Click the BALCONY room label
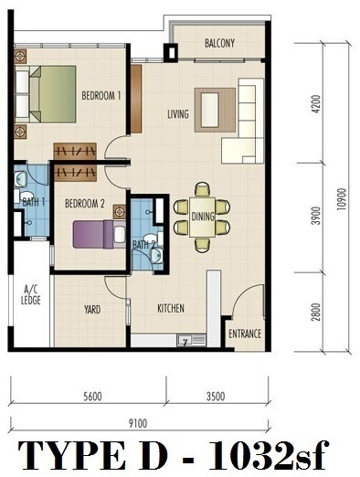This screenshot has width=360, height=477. [219, 43]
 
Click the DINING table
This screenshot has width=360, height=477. [202, 217]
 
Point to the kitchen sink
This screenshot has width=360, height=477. [192, 340]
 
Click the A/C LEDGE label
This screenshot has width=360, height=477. [31, 295]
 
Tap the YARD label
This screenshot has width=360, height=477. [92, 310]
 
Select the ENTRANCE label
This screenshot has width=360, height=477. [245, 334]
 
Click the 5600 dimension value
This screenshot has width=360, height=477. [92, 397]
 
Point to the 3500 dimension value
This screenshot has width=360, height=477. [216, 397]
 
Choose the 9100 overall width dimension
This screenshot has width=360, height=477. [138, 423]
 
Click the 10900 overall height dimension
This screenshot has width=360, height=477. [342, 199]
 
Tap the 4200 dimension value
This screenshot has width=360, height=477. [317, 104]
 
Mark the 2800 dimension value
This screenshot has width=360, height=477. [317, 312]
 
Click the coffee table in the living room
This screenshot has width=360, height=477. [210, 110]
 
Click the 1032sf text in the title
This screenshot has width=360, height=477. [270, 455]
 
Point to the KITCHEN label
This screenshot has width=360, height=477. [171, 308]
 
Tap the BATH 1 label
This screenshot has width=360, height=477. [34, 202]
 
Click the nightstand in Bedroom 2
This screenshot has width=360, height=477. [120, 211]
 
